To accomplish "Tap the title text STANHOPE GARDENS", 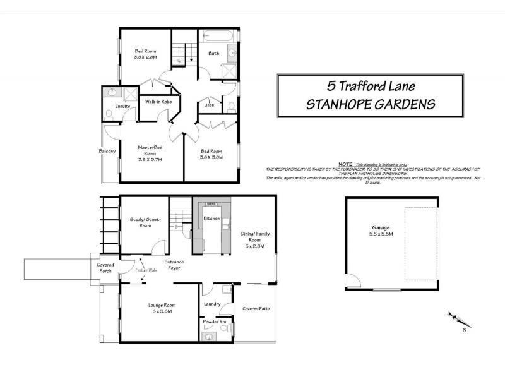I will pos(371,104).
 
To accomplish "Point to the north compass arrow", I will pos(454,319).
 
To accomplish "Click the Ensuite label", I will pos(122,106).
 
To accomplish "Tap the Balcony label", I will pos(107,151).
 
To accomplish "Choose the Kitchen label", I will pos(211,219).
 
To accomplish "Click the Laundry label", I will pos(212,304).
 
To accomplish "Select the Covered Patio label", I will pos(256,308).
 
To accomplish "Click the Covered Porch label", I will pos(105,267).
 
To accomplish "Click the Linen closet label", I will pos(208,105).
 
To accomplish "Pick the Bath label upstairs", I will pos(214,54).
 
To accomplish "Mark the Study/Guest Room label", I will pos(145,222).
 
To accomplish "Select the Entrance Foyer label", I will pos(173,265).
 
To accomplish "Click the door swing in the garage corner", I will pos(354,282).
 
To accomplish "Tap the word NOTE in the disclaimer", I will pos(345,163).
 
